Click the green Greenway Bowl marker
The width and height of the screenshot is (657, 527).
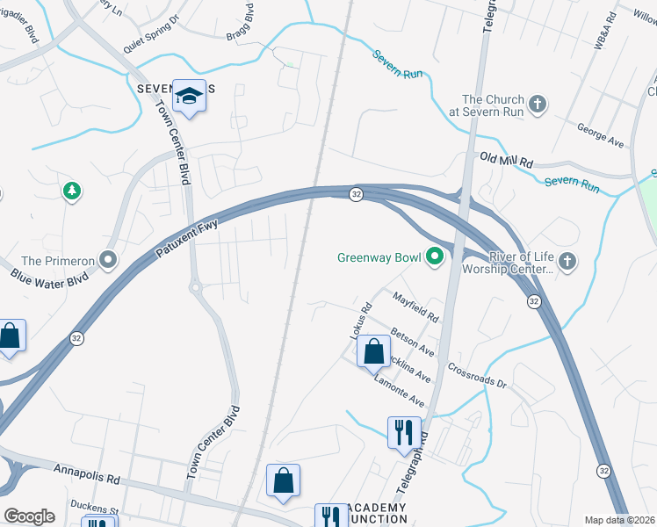[434, 257]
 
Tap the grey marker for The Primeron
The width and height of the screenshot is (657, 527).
[108, 260]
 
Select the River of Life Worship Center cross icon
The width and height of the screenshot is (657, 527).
[567, 261]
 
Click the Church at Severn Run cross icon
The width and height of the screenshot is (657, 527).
[538, 105]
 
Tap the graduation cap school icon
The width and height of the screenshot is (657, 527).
[189, 95]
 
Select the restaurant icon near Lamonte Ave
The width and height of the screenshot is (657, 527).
[404, 431]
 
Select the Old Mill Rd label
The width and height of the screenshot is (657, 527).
[507, 158]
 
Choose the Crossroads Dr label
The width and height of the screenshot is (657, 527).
[478, 377]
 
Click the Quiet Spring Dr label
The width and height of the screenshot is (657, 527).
[150, 33]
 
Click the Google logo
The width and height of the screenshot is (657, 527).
[29, 516]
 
